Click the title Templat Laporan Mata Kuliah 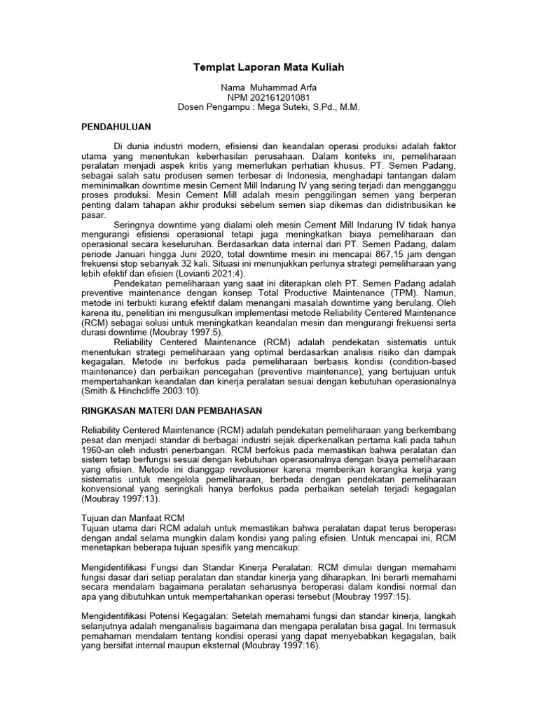click(269, 68)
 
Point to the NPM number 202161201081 click(280, 97)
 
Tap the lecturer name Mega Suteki click(287, 107)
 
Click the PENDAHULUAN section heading click(116, 128)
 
